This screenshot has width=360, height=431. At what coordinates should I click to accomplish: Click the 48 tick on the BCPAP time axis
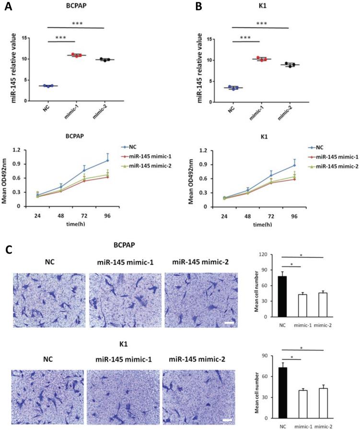click(61, 216)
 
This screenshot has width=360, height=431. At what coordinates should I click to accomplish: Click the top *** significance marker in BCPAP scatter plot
click(76, 24)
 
